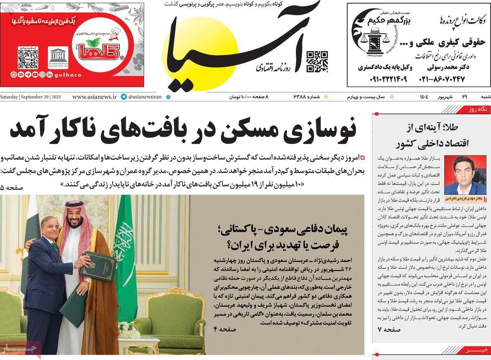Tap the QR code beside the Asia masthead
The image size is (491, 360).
coord(317,61)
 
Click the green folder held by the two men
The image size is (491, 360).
coord(97,266)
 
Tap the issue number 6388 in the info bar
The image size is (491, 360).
coord(302,97)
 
